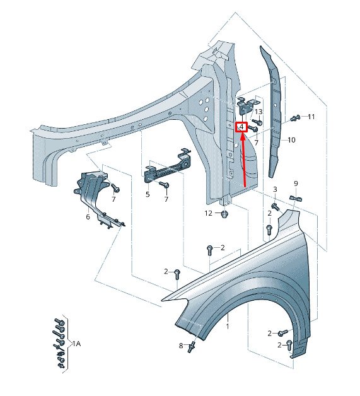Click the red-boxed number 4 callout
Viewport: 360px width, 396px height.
point(241,127)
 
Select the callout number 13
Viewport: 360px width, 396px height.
point(258,112)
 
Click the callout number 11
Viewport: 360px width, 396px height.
point(311,117)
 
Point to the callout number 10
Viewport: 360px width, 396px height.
point(291,140)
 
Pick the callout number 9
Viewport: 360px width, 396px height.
point(296,183)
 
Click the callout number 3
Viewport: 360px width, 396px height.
point(275,189)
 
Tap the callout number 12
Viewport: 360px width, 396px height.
point(208,213)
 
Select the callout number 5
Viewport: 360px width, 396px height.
point(148,194)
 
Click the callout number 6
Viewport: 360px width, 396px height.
point(88,217)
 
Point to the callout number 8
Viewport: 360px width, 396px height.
point(181,346)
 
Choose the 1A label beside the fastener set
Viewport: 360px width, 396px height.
point(77,344)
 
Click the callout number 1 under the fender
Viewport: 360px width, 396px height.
point(228,326)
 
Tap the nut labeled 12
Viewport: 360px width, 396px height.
point(224,214)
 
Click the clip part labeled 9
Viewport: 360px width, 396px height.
point(296,199)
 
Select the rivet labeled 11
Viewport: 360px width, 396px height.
point(295,118)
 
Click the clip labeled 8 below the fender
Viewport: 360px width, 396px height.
point(192,346)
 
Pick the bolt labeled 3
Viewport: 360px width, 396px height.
point(276,207)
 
